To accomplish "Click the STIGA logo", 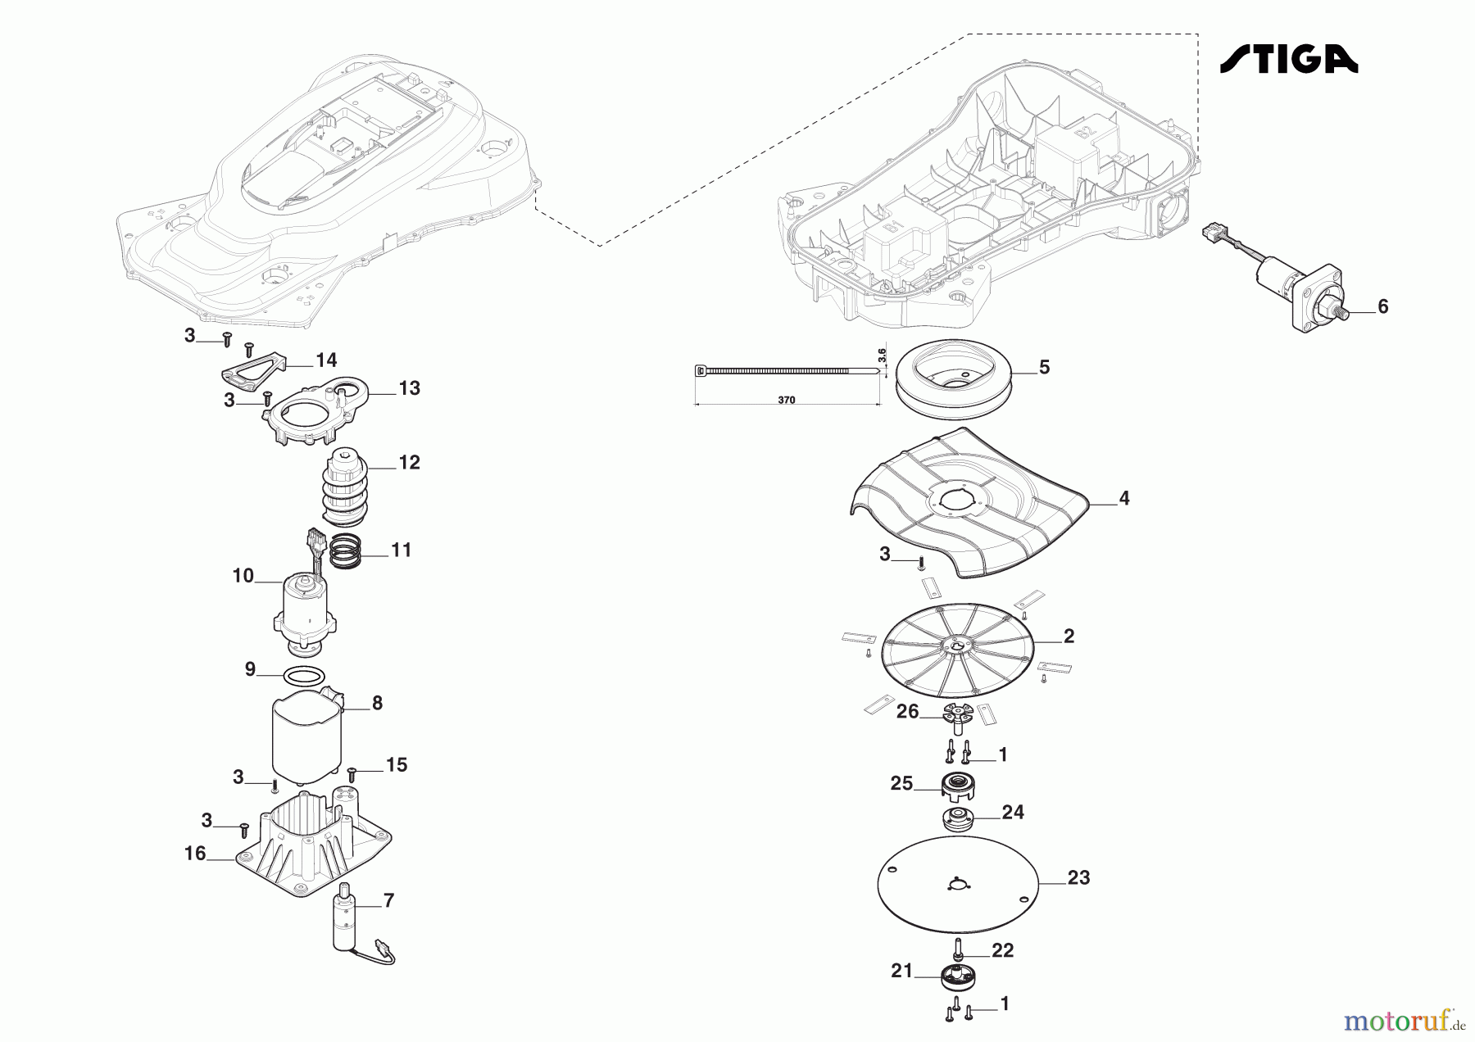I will click(1289, 59).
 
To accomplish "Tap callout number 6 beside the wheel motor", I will click(1383, 307).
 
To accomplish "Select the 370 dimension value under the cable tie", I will click(787, 401).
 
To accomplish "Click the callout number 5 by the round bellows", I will click(1044, 367).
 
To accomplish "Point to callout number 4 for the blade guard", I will click(1124, 498).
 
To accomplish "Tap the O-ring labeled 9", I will click(302, 677).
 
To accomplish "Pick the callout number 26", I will click(907, 712).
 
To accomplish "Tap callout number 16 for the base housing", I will click(195, 854).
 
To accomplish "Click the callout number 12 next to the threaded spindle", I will click(409, 462).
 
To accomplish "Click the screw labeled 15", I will click(352, 772).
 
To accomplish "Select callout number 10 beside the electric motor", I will click(243, 576).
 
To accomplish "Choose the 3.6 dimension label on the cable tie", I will click(882, 356).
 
